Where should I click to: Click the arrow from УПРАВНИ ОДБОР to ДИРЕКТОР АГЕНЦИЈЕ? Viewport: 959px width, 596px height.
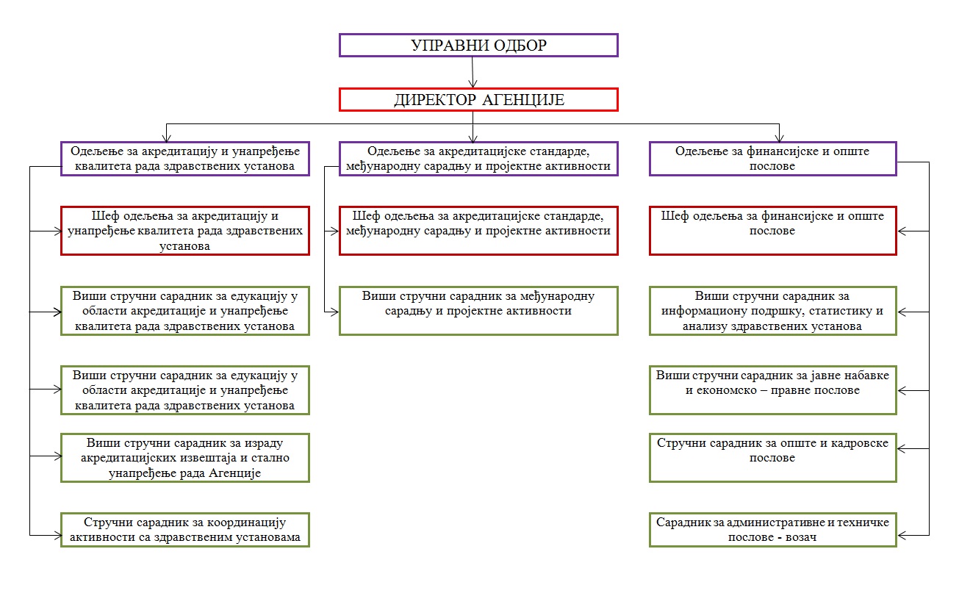pyautogui.click(x=473, y=72)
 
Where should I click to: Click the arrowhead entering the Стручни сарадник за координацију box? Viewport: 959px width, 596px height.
pyautogui.click(x=58, y=535)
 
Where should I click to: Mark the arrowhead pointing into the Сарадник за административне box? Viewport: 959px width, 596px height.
pyautogui.click(x=902, y=535)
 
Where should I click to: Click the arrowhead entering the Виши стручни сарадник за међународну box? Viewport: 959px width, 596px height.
pyautogui.click(x=335, y=312)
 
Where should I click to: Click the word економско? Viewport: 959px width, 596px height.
pyautogui.click(x=727, y=390)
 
